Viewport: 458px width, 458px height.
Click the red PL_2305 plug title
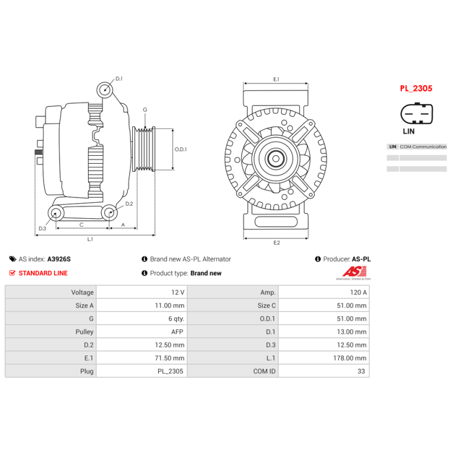click(x=416, y=89)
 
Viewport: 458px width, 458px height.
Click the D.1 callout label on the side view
click(x=119, y=79)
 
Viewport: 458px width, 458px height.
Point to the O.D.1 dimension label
click(x=180, y=149)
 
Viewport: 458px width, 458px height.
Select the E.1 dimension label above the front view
click(x=276, y=79)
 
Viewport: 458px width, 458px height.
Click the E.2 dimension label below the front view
click(x=276, y=243)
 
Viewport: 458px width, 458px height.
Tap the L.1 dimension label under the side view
click(x=90, y=239)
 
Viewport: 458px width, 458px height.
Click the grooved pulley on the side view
click(x=144, y=149)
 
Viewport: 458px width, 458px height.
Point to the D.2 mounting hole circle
click(x=109, y=214)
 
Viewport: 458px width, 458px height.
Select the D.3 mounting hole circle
click(x=56, y=214)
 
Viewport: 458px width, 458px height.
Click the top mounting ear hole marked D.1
click(x=104, y=89)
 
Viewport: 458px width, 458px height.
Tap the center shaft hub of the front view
click(x=276, y=158)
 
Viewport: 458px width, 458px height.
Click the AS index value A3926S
click(x=58, y=259)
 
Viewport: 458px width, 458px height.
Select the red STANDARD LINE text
click(x=43, y=273)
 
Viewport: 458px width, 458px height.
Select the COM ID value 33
click(x=362, y=372)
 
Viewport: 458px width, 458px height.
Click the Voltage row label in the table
click(x=82, y=293)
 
